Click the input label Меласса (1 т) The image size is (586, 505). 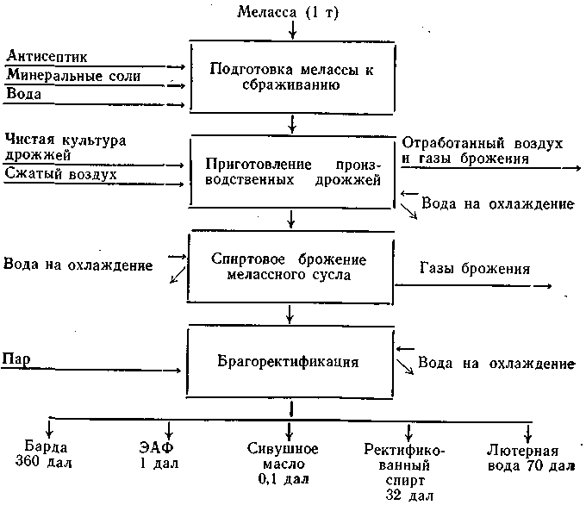point(288,12)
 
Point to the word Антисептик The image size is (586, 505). point(47,56)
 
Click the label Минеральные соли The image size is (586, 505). point(73,75)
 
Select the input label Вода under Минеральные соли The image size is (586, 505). point(23,93)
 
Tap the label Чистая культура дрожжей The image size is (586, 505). point(65,147)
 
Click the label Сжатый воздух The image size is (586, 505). point(60,174)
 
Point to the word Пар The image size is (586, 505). point(16,358)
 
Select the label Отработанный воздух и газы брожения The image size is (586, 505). point(482,151)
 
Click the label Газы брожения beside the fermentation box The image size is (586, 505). point(475,268)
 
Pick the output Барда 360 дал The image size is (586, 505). point(44,454)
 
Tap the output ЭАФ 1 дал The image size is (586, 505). point(158,455)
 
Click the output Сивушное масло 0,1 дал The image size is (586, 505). point(283,464)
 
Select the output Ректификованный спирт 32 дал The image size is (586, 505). point(405,472)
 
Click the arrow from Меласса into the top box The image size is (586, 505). point(293,30)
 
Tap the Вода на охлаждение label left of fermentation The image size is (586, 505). point(78,265)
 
